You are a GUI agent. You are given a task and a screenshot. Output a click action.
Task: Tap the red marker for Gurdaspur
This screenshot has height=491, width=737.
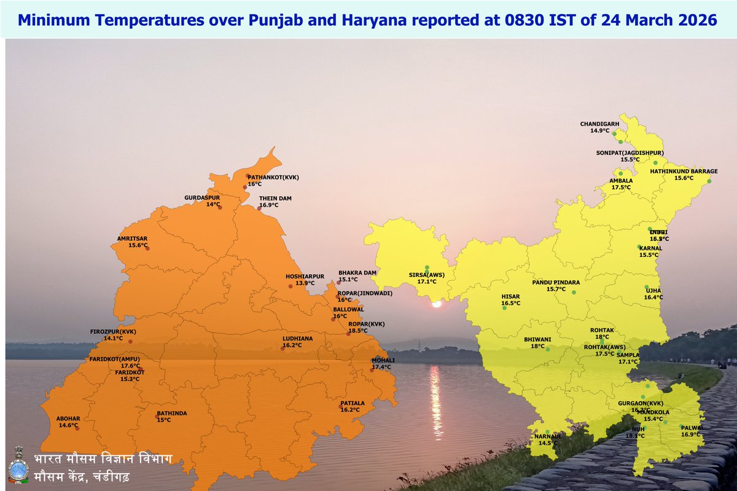pyautogui.click(x=220, y=207)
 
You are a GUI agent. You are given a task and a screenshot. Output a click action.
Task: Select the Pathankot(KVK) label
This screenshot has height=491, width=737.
pyautogui.click(x=273, y=177)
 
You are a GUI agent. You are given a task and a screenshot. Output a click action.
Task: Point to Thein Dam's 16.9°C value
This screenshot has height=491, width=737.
pyautogui.click(x=268, y=205)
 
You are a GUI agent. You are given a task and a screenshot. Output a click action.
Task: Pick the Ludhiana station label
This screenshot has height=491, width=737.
pyautogui.click(x=297, y=338)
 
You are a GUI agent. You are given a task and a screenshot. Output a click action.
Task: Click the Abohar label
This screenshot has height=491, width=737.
pyautogui.click(x=68, y=418)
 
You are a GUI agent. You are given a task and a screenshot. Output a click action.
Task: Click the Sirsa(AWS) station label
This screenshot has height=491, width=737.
pyautogui.click(x=426, y=274)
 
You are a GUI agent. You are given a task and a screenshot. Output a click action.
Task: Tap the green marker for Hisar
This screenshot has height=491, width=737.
pyautogui.click(x=504, y=308)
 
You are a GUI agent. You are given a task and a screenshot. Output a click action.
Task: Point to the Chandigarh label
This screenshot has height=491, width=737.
pyautogui.click(x=599, y=124)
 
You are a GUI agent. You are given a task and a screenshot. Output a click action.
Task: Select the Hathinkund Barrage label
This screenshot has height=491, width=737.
pyautogui.click(x=684, y=171)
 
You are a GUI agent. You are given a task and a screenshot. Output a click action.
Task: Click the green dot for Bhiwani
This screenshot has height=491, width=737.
pyautogui.click(x=548, y=349)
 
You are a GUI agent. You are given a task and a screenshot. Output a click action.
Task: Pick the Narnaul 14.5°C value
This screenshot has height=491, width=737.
pyautogui.click(x=548, y=442)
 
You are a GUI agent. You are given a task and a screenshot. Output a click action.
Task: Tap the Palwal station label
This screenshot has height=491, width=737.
pyautogui.click(x=692, y=427)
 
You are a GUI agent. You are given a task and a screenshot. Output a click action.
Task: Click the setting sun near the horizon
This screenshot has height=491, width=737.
pyautogui.click(x=437, y=304)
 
